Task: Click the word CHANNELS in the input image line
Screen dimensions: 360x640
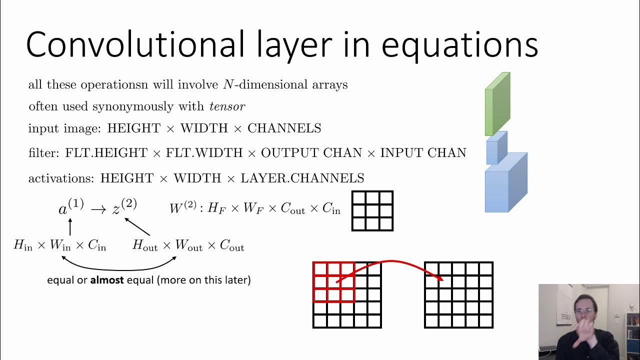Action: point(284,128)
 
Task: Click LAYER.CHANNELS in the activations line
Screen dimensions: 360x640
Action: point(302,178)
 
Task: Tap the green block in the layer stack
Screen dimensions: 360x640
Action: point(497,104)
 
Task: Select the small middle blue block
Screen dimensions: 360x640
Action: point(496,148)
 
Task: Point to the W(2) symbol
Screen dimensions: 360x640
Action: point(182,207)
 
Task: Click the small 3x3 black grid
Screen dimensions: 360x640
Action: point(372,210)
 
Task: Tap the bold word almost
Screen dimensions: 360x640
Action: point(106,280)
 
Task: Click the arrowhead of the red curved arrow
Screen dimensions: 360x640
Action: point(440,277)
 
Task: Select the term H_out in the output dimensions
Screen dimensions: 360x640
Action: point(145,245)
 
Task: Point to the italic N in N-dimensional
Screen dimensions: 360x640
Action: point(228,85)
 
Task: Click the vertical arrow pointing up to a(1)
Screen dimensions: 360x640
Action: point(70,227)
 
